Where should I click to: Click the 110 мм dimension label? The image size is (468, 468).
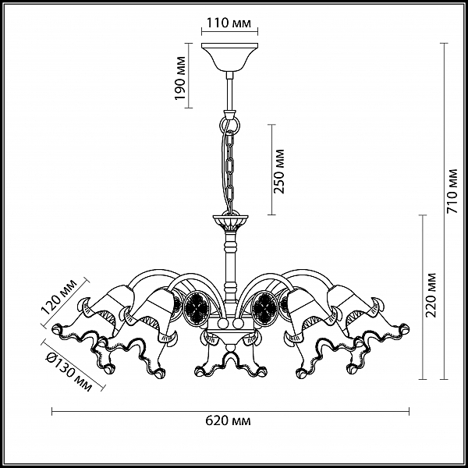pyautogui.click(x=229, y=23)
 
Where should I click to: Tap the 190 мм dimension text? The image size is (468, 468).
pyautogui.click(x=180, y=78)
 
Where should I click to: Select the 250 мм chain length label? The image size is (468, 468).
pyautogui.click(x=279, y=172)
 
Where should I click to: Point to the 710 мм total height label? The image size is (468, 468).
pyautogui.click(x=452, y=191)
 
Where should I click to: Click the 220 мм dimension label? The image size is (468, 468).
pyautogui.click(x=431, y=295)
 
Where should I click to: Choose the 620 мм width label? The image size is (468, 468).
pyautogui.click(x=228, y=421)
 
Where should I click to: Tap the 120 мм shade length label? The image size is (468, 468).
pyautogui.click(x=58, y=296)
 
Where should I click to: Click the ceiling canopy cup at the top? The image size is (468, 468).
pyautogui.click(x=229, y=57)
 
